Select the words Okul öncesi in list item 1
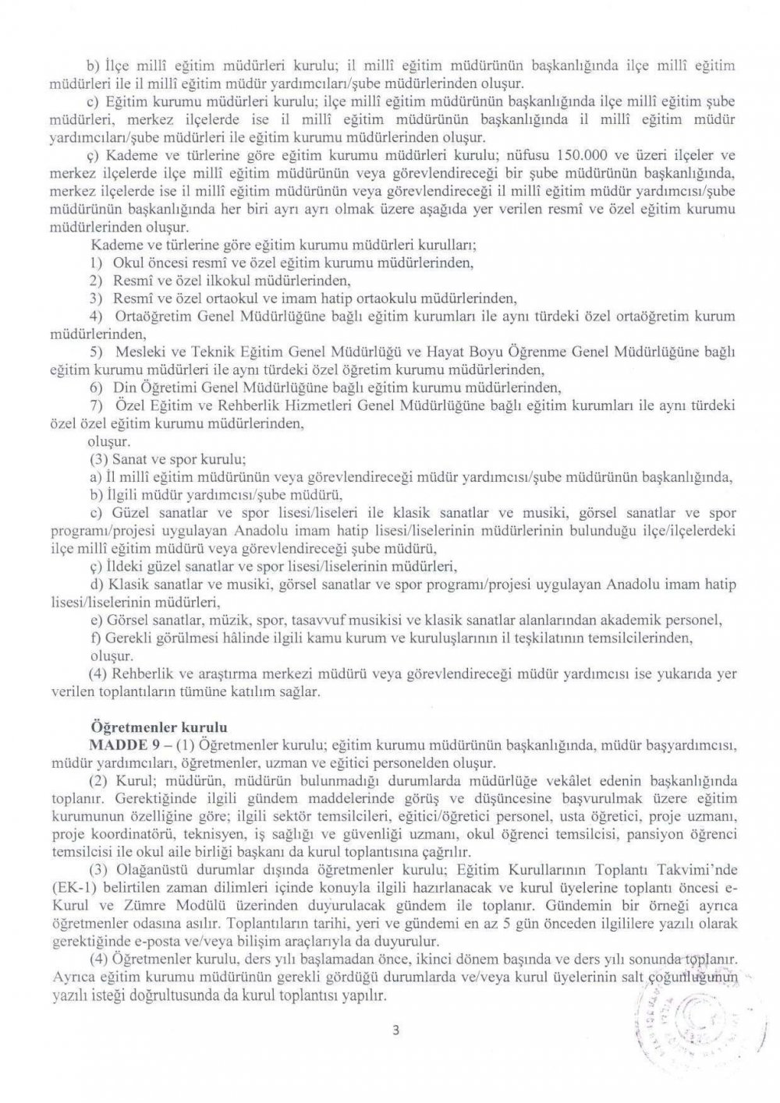point(147,265)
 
